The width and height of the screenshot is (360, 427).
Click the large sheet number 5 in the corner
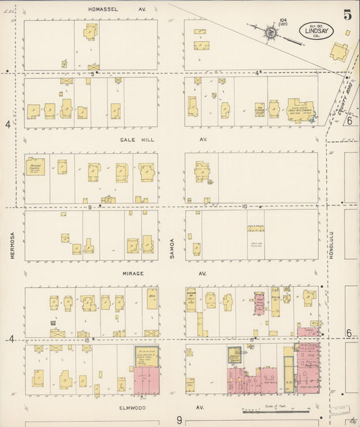click(346, 14)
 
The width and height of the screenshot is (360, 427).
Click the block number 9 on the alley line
click(89, 207)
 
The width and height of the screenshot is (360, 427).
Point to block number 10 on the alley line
click(245, 207)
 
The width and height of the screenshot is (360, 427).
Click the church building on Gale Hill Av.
click(299, 110)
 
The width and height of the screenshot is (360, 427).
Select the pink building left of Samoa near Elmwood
click(147, 380)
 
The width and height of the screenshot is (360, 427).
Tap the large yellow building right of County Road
click(340, 51)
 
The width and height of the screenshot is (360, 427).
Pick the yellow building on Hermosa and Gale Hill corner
click(35, 166)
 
